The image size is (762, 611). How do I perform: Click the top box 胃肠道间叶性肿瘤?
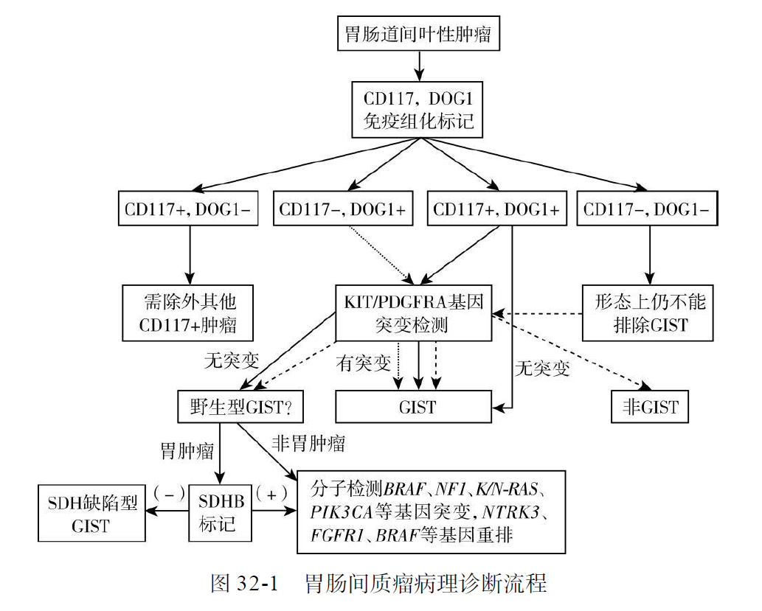point(418,33)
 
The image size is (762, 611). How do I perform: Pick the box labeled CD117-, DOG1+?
point(342,209)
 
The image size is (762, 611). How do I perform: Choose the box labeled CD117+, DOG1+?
point(496,209)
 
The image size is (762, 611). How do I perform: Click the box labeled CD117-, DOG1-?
point(649,209)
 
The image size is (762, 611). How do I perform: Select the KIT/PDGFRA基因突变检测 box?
point(414,313)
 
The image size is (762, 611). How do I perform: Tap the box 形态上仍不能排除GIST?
point(650,313)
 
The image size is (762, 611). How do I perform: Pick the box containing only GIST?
point(414,406)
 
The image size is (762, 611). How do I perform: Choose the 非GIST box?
point(650,406)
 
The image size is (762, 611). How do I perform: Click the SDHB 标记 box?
point(221,513)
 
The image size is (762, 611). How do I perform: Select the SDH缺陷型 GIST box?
point(91,513)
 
